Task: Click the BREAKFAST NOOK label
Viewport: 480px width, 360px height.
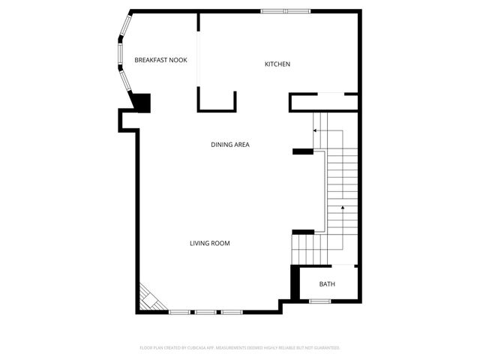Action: click(160, 60)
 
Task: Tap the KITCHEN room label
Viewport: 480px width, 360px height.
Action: click(277, 64)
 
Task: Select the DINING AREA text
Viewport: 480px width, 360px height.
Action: click(229, 145)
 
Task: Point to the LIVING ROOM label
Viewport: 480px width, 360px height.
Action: click(209, 243)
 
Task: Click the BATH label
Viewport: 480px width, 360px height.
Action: click(327, 284)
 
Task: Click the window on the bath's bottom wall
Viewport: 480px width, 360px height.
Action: click(320, 301)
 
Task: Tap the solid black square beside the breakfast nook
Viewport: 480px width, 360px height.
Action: click(141, 102)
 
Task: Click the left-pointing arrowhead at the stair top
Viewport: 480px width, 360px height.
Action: click(315, 130)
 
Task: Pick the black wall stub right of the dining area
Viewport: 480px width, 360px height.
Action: click(302, 152)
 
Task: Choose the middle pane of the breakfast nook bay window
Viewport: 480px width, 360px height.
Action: click(118, 52)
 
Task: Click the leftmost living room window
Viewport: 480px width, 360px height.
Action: click(178, 311)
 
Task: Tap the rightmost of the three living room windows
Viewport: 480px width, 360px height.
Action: click(230, 311)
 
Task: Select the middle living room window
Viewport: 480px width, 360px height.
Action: click(205, 311)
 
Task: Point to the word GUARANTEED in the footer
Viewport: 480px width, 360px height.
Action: click(325, 348)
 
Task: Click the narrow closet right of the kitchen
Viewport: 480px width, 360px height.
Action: click(323, 103)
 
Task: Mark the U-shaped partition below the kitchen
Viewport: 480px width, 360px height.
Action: click(217, 101)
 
